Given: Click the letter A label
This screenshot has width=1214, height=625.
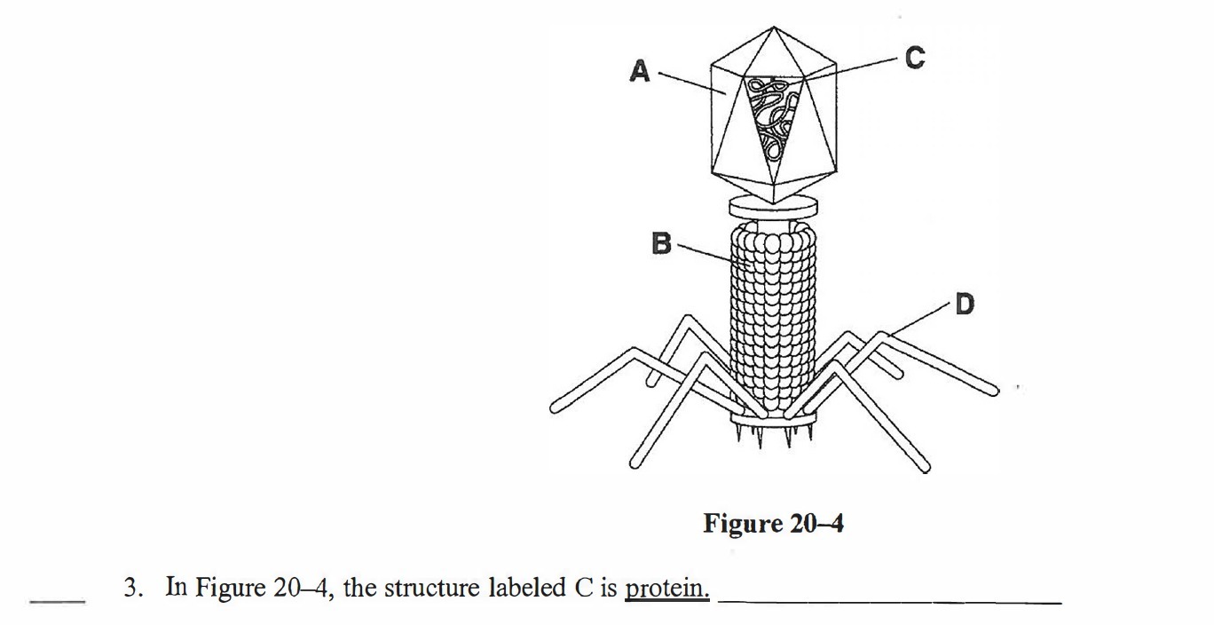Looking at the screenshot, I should [x=639, y=70].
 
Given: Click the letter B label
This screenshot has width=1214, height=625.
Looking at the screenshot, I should [x=661, y=242].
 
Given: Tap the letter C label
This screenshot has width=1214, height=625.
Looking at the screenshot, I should [x=914, y=59].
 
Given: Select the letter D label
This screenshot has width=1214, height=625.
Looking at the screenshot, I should [x=964, y=305].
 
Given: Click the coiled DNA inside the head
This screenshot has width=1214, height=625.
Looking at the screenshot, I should [x=772, y=115].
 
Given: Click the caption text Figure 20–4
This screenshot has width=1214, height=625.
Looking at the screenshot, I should [x=773, y=524].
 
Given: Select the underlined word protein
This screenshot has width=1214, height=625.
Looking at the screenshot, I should [x=666, y=588].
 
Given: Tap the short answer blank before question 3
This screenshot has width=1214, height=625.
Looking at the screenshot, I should [x=57, y=601].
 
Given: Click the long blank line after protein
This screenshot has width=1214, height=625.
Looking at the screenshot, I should [x=889, y=602].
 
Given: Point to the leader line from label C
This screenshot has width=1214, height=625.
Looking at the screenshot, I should [x=852, y=69].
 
